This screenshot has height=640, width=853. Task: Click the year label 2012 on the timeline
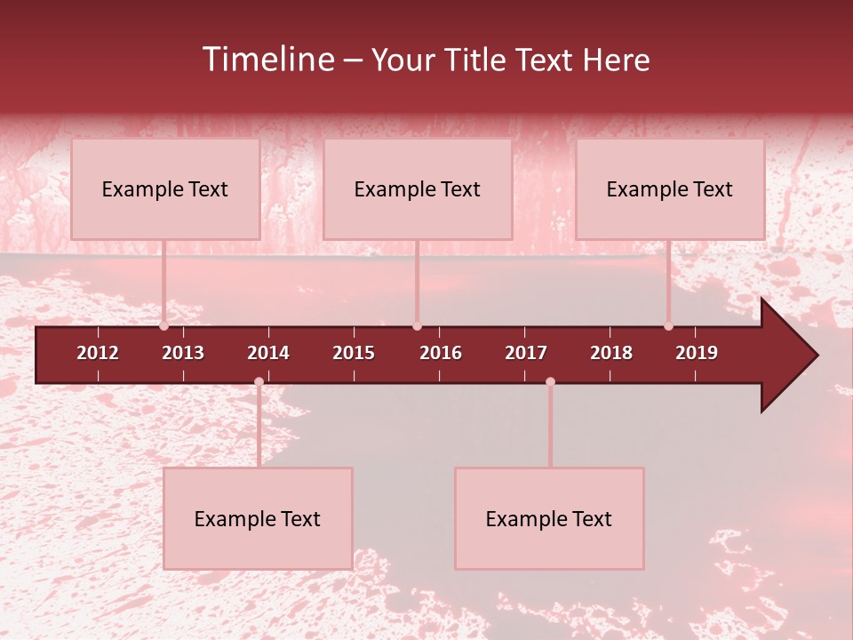pyautogui.click(x=98, y=353)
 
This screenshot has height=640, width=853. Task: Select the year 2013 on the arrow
pyautogui.click(x=183, y=353)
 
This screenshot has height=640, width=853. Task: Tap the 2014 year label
pyautogui.click(x=268, y=353)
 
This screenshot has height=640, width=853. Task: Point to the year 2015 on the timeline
pyautogui.click(x=354, y=353)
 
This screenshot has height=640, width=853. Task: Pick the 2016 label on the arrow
pyautogui.click(x=441, y=353)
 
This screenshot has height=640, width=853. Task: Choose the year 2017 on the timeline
pyautogui.click(x=526, y=353)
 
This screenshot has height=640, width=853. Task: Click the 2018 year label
pyautogui.click(x=611, y=353)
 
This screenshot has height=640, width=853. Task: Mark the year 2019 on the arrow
pyautogui.click(x=697, y=353)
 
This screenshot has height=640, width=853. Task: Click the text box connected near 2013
pyautogui.click(x=165, y=188)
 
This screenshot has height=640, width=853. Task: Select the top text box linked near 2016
pyautogui.click(x=418, y=188)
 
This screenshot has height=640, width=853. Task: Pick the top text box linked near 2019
pyautogui.click(x=670, y=188)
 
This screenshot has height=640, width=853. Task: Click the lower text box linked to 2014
pyautogui.click(x=258, y=518)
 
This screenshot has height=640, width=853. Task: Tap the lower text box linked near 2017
pyautogui.click(x=549, y=518)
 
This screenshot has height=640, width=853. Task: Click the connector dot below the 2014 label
pyautogui.click(x=259, y=381)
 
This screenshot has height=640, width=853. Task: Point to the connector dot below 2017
pyautogui.click(x=550, y=381)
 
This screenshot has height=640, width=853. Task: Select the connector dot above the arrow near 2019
pyautogui.click(x=668, y=326)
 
